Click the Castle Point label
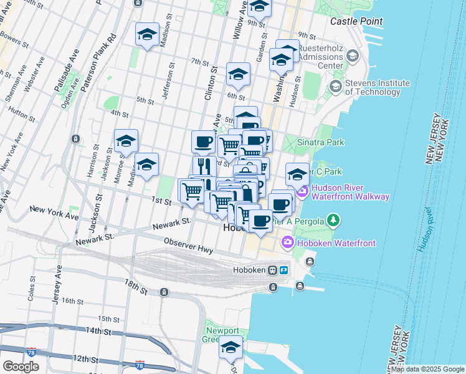click(x=356, y=21)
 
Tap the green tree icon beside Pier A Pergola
click(x=335, y=219)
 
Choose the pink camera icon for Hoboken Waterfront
click(x=287, y=242)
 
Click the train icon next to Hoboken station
click(x=272, y=271)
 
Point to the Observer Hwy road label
click(x=189, y=246)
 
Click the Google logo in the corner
click(x=21, y=367)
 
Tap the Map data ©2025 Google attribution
click(x=427, y=369)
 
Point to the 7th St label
click(x=199, y=62)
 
